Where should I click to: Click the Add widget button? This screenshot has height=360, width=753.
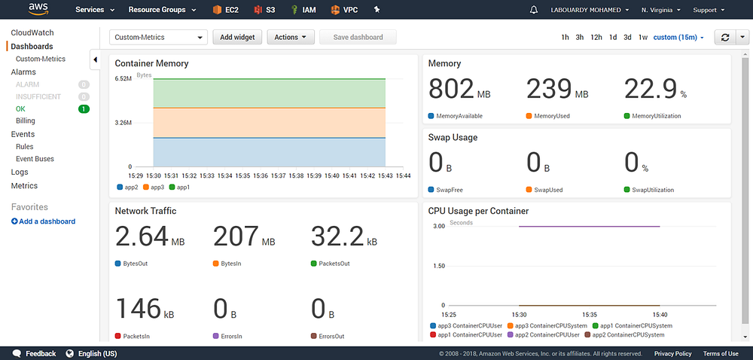coord(237,37)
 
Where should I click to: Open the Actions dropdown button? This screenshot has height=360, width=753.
coord(291,37)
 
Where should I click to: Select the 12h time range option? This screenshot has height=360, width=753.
coord(596,37)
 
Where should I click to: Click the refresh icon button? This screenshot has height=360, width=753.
coord(725,37)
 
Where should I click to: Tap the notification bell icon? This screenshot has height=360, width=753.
coord(534,10)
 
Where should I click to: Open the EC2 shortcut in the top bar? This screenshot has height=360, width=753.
coord(226,10)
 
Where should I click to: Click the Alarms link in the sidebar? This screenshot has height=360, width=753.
coord(23,72)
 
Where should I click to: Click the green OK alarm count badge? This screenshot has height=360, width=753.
coord(84,109)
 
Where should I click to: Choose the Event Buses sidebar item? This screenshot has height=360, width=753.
coord(35,159)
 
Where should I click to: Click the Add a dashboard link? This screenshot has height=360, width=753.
coord(43,221)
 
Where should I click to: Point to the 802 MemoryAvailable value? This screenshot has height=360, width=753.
coord(451,90)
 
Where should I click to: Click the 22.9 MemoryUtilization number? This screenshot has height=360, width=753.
coord(651,90)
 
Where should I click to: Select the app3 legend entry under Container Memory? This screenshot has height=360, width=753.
coord(154,188)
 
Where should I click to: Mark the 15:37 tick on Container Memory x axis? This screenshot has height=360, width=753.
coord(279,175)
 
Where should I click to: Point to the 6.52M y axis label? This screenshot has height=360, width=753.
coord(123,79)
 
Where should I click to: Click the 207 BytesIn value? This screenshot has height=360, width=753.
coord(236,236)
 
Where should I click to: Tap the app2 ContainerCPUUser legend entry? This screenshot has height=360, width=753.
coord(544,334)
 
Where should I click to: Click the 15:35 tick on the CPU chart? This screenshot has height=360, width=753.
coord(590,315)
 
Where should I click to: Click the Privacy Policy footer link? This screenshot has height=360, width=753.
coord(672,354)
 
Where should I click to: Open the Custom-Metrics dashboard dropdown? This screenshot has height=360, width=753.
coord(158,37)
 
